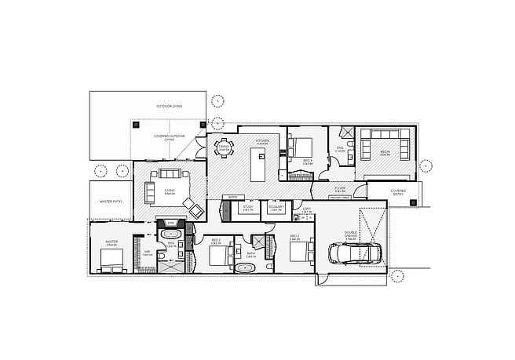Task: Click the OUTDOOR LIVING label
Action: coord(169,105)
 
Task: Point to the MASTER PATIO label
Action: coord(111,202)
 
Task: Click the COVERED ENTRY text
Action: coord(399,191)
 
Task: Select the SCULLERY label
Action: coord(276,208)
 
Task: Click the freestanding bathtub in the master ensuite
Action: coord(171,235)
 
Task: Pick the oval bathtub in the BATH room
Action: coord(246,267)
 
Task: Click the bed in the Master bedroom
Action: coord(111,267)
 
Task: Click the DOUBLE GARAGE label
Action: coord(351,233)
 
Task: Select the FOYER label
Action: coord(340,189)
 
